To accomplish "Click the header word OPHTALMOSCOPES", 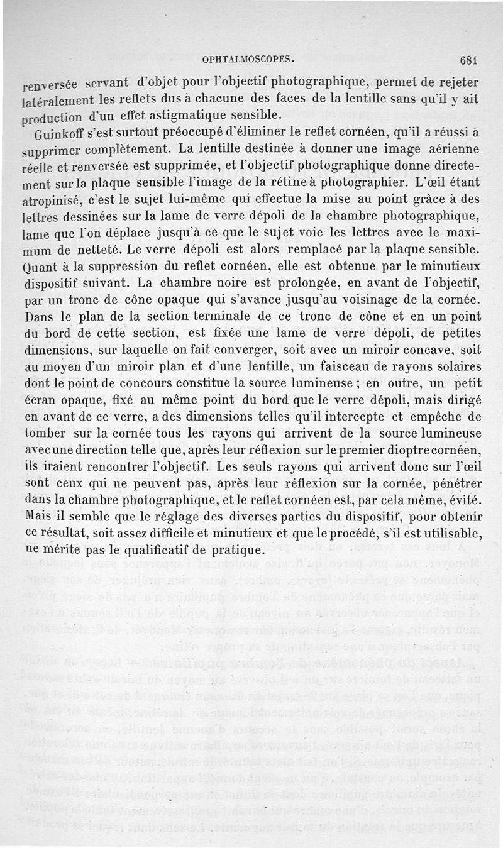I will point(249,61).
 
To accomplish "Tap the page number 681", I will point(470,61).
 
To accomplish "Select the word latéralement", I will point(57,101).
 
